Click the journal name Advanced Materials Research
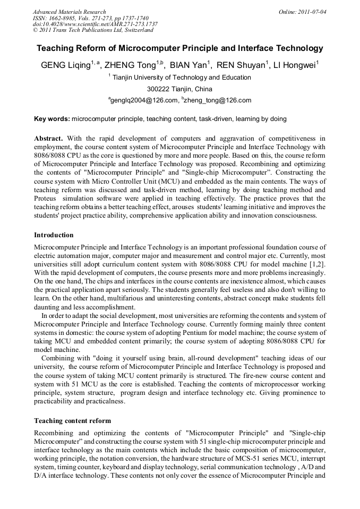pyautogui.click(x=69, y=12)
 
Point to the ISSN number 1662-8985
pyautogui.click(x=64, y=18)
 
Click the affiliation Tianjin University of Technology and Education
pyautogui.click(x=182, y=77)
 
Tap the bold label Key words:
pyautogui.click(x=52, y=119)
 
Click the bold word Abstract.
pyautogui.click(x=48, y=139)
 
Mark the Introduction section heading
pyautogui.click(x=54, y=235)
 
